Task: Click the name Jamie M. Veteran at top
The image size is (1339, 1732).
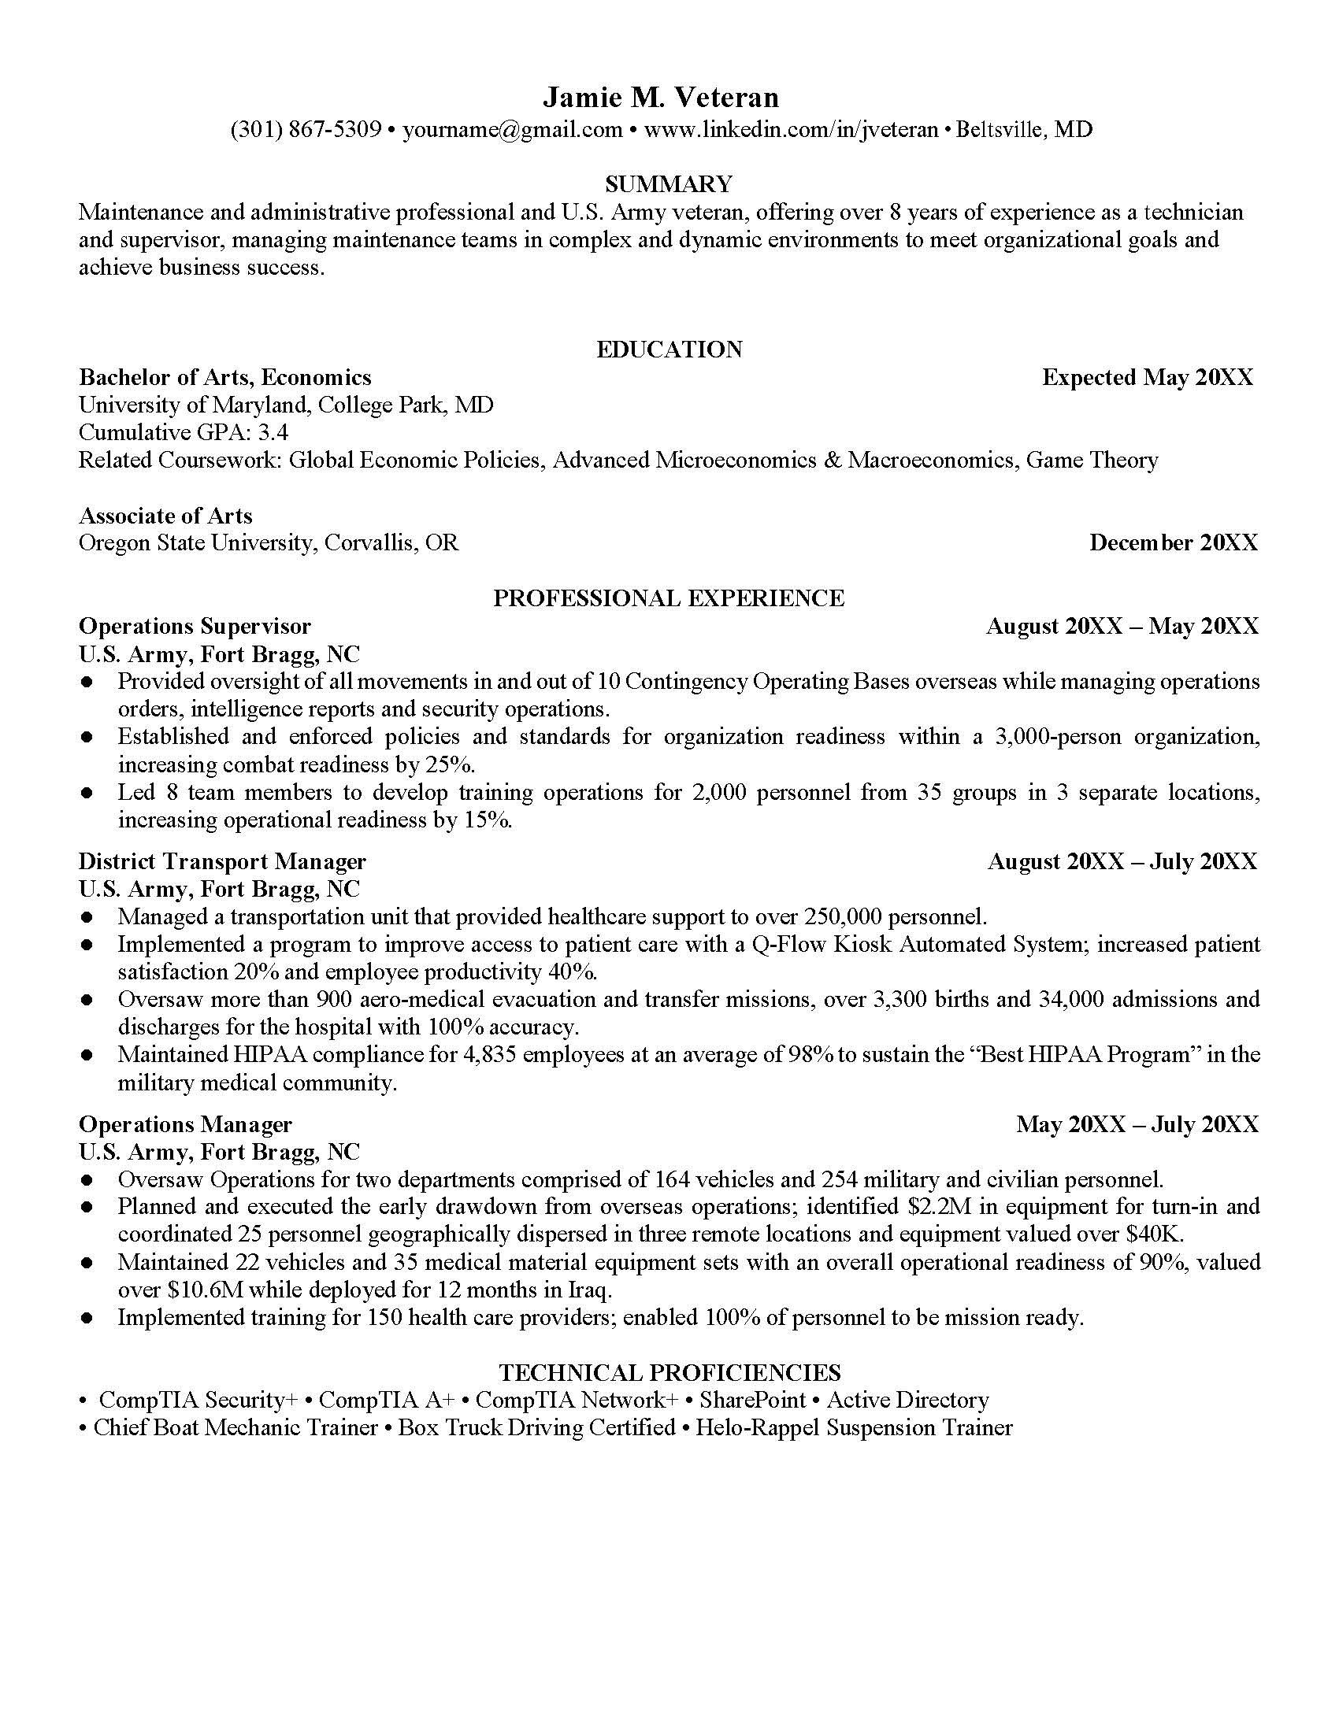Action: click(661, 98)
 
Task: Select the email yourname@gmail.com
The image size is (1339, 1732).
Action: click(513, 129)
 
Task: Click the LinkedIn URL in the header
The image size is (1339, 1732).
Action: click(791, 129)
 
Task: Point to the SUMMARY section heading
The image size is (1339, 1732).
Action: click(668, 184)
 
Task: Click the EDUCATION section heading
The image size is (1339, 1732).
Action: click(669, 350)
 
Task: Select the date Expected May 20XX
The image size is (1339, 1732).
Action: click(1147, 377)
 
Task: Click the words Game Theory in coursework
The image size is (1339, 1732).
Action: click(1092, 460)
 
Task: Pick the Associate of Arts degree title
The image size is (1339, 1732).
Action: click(165, 516)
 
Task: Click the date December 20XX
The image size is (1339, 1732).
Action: click(1173, 543)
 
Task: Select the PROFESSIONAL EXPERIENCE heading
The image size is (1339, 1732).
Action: click(668, 598)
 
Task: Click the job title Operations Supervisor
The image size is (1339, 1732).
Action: click(195, 627)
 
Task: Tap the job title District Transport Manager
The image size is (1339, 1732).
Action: click(222, 861)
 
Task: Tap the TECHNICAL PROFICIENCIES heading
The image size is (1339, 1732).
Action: click(669, 1373)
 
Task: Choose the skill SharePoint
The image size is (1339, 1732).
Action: click(752, 1401)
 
